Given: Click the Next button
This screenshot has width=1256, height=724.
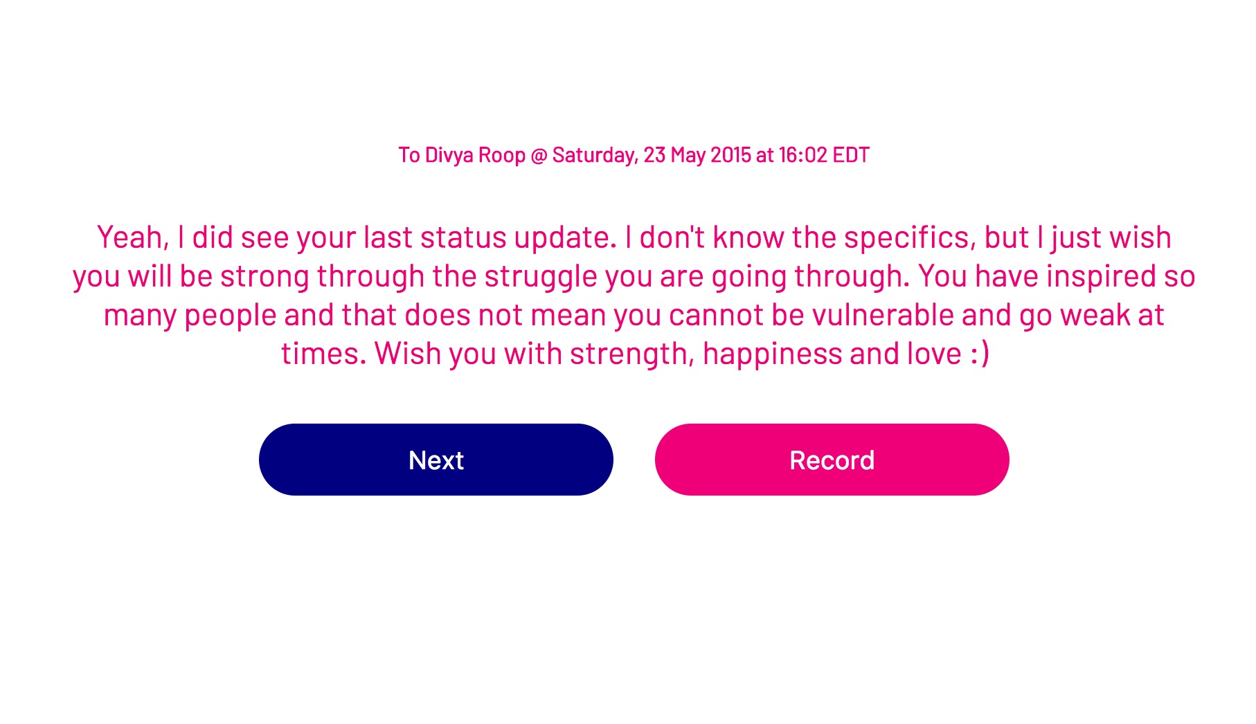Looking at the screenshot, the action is [x=436, y=460].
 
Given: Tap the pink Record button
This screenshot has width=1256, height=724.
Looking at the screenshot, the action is [x=832, y=460].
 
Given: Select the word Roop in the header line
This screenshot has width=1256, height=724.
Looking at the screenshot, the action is [x=501, y=155].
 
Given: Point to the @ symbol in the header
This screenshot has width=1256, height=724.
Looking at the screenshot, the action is [x=539, y=155].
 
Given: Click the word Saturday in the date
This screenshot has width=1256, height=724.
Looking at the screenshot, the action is [x=595, y=155].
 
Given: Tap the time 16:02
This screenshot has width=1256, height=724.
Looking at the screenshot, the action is [x=802, y=155].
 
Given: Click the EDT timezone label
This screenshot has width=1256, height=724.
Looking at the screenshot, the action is [x=851, y=155].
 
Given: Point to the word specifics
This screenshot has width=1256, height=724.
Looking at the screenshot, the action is [x=910, y=237].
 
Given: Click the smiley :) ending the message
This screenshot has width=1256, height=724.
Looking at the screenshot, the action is [x=980, y=354].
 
